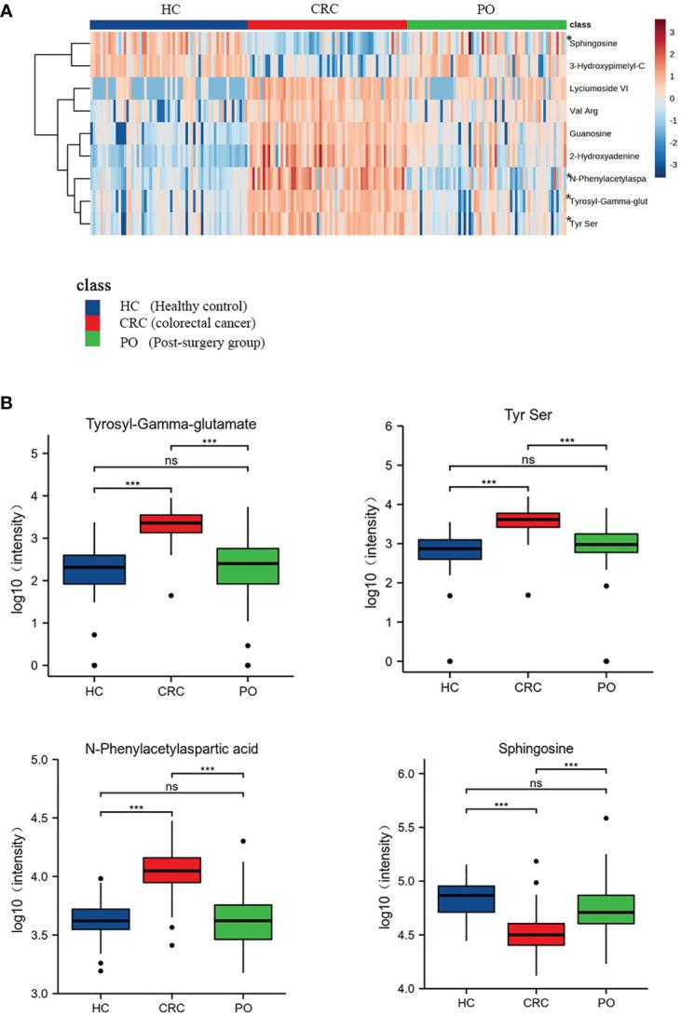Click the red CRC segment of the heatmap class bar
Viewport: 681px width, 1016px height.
coord(327,23)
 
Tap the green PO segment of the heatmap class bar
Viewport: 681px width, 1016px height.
coord(485,23)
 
